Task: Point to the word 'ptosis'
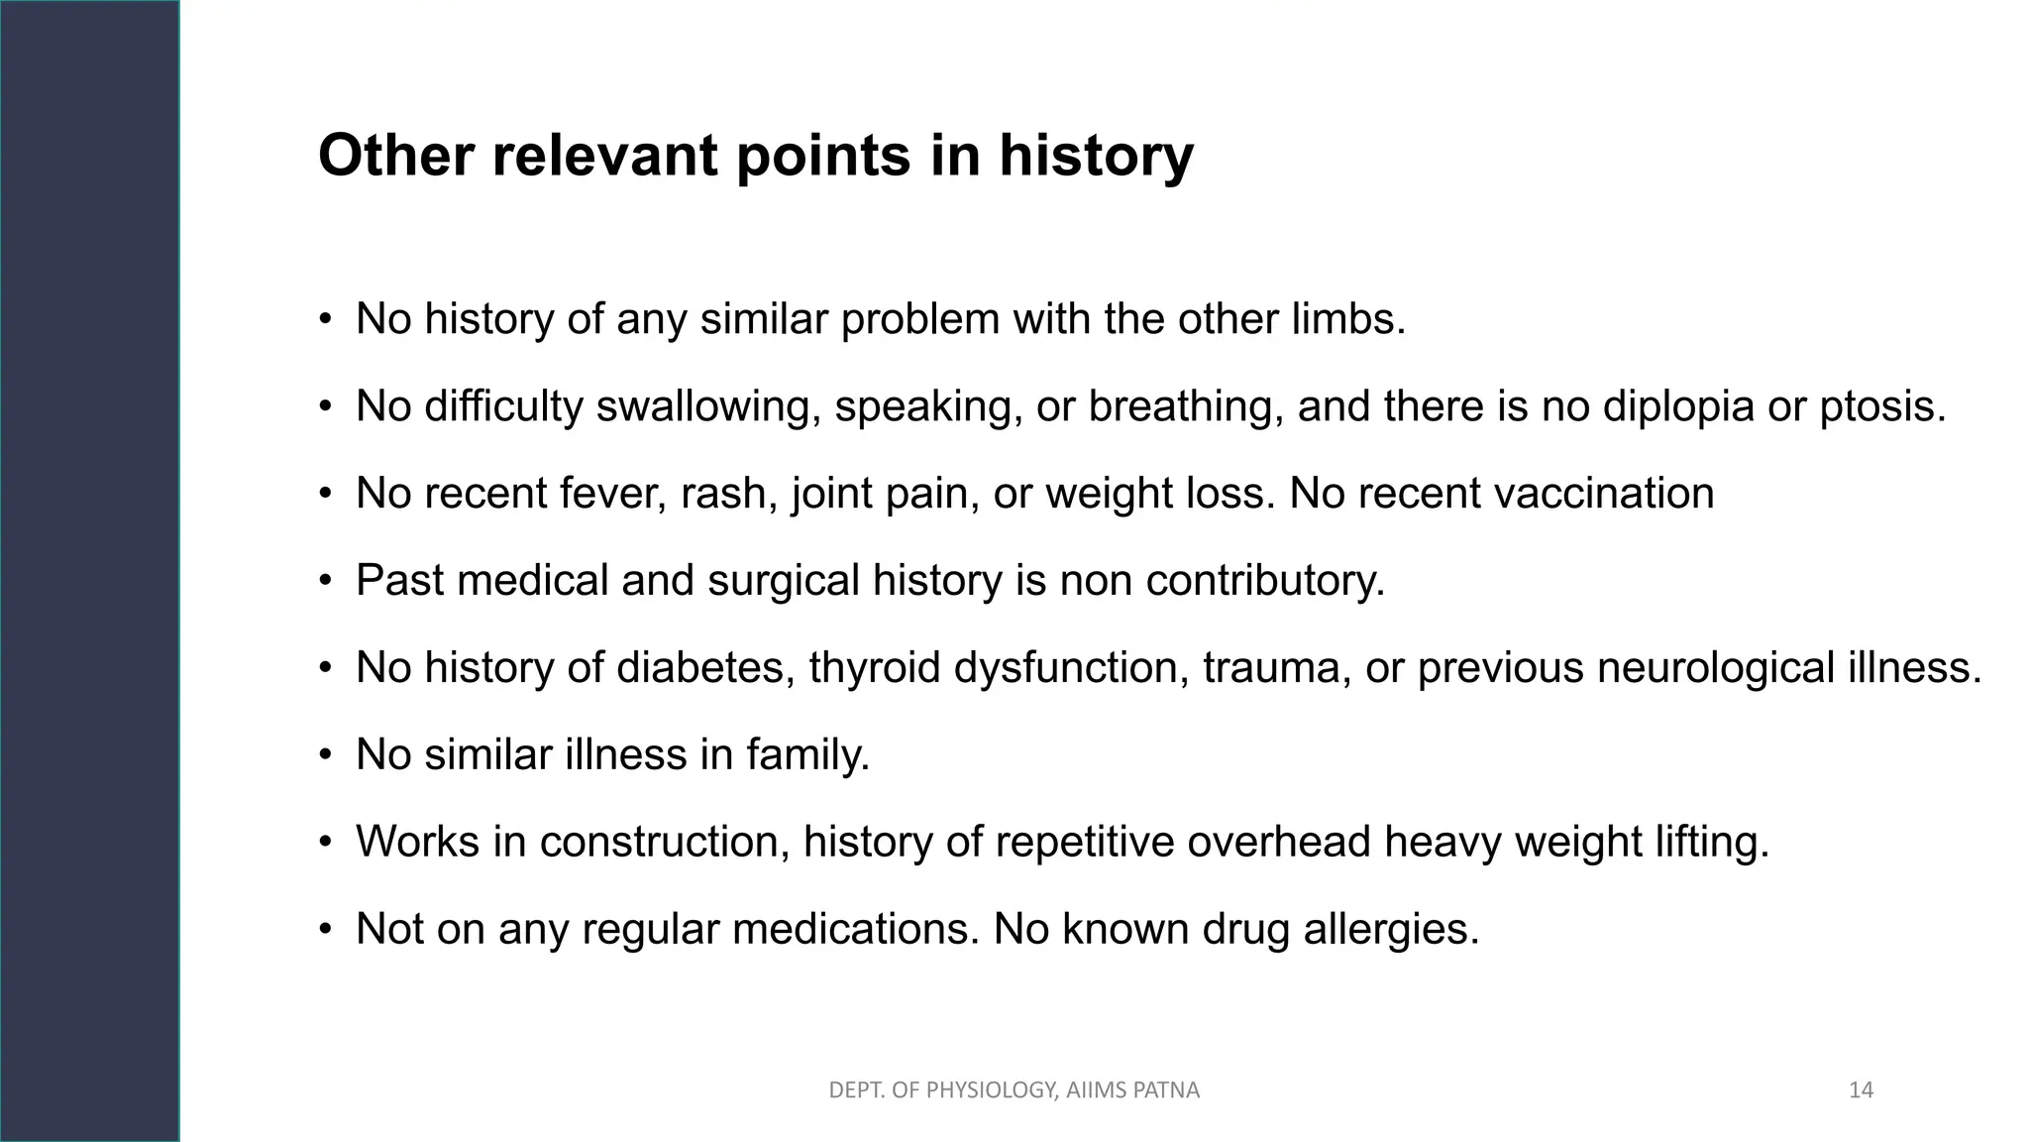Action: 1881,406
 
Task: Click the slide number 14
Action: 1861,1090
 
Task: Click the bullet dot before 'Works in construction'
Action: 325,843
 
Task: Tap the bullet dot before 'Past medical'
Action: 325,581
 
